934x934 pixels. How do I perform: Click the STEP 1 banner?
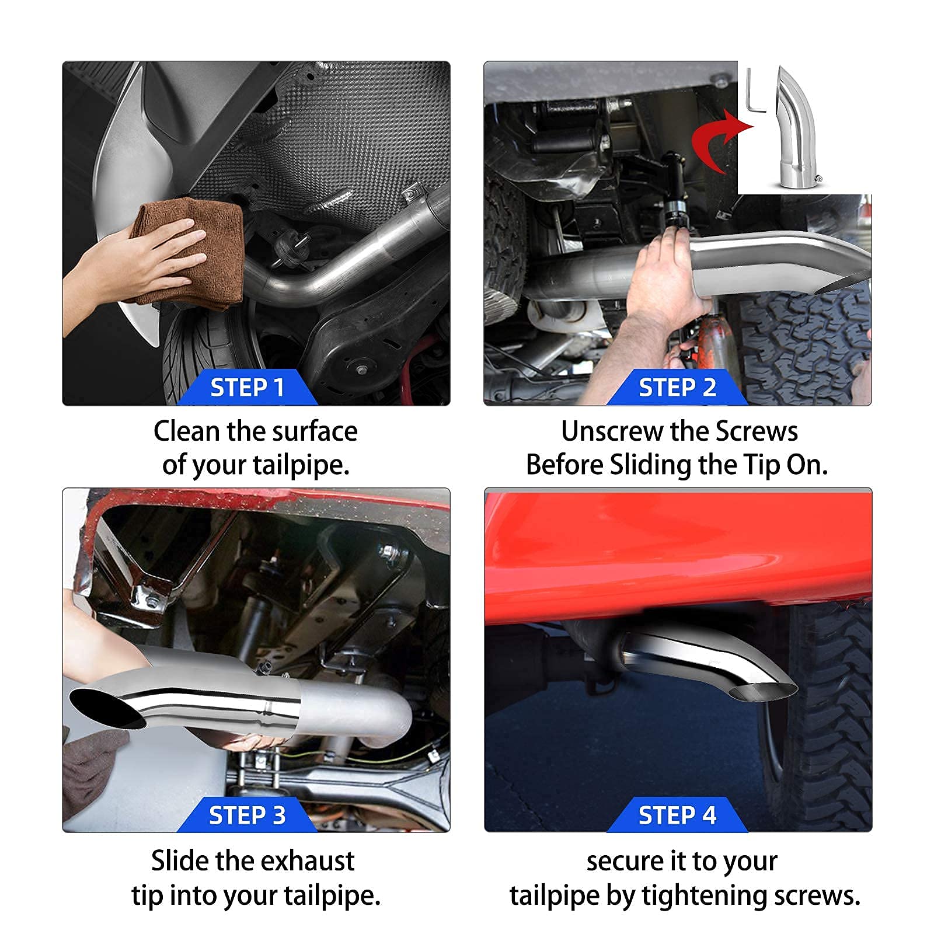coord(247,388)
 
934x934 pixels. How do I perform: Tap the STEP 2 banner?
coord(677,388)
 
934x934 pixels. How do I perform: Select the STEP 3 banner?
coord(247,815)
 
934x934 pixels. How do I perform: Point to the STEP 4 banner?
coord(677,815)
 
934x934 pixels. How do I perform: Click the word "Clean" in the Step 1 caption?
coord(187,431)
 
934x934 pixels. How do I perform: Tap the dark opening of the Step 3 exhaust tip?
coord(108,708)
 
